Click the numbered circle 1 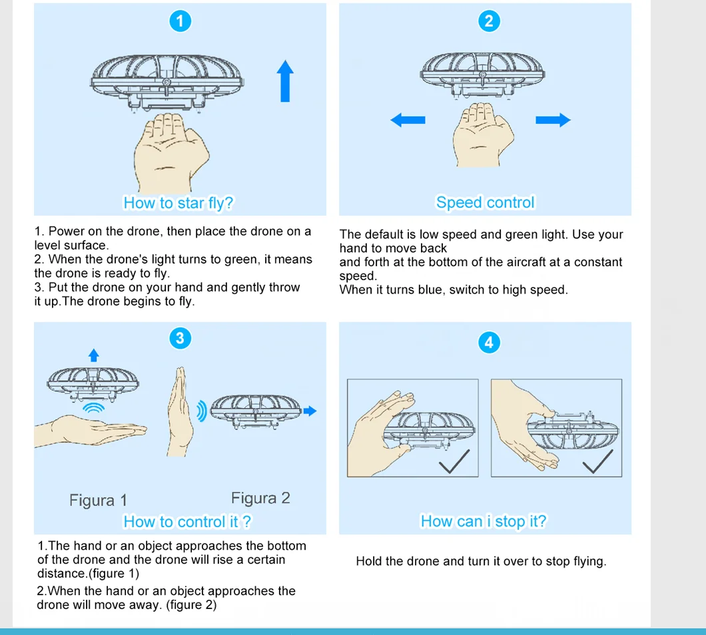(x=178, y=21)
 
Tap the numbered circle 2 (x=489, y=21)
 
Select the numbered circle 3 (x=178, y=338)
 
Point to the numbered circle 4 (x=489, y=342)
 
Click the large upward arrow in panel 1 (x=285, y=81)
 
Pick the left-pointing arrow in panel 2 (x=408, y=120)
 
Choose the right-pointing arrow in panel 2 (x=553, y=120)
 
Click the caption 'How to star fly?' (x=178, y=203)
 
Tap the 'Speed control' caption (x=485, y=202)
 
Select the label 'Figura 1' (x=98, y=501)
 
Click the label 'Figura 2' (x=260, y=498)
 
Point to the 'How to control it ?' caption (x=188, y=522)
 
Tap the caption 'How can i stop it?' (x=483, y=522)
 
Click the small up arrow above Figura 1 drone (x=94, y=355)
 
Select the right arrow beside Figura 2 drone (x=310, y=411)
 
